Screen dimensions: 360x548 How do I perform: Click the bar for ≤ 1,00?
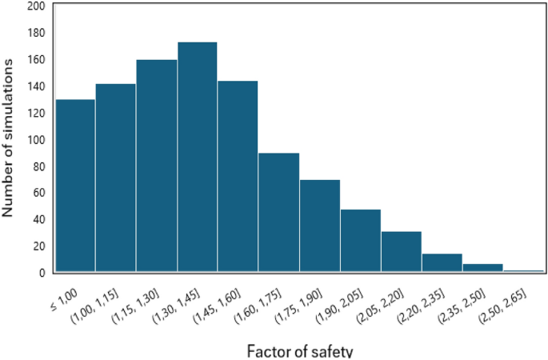click(75, 186)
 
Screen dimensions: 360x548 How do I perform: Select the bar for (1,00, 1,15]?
click(116, 178)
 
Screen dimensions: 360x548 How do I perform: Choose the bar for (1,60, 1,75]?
click(279, 212)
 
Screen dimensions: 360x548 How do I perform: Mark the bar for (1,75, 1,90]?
click(320, 226)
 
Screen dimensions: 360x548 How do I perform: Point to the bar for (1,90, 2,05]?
click(361, 240)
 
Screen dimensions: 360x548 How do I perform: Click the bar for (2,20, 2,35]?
click(442, 262)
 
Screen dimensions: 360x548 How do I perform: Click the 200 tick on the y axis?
click(35, 6)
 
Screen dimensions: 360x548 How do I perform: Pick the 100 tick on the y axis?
click(35, 139)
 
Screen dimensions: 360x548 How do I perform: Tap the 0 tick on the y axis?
click(41, 273)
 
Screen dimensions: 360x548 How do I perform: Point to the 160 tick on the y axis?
click(35, 59)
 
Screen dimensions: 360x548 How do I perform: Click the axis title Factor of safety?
click(299, 350)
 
